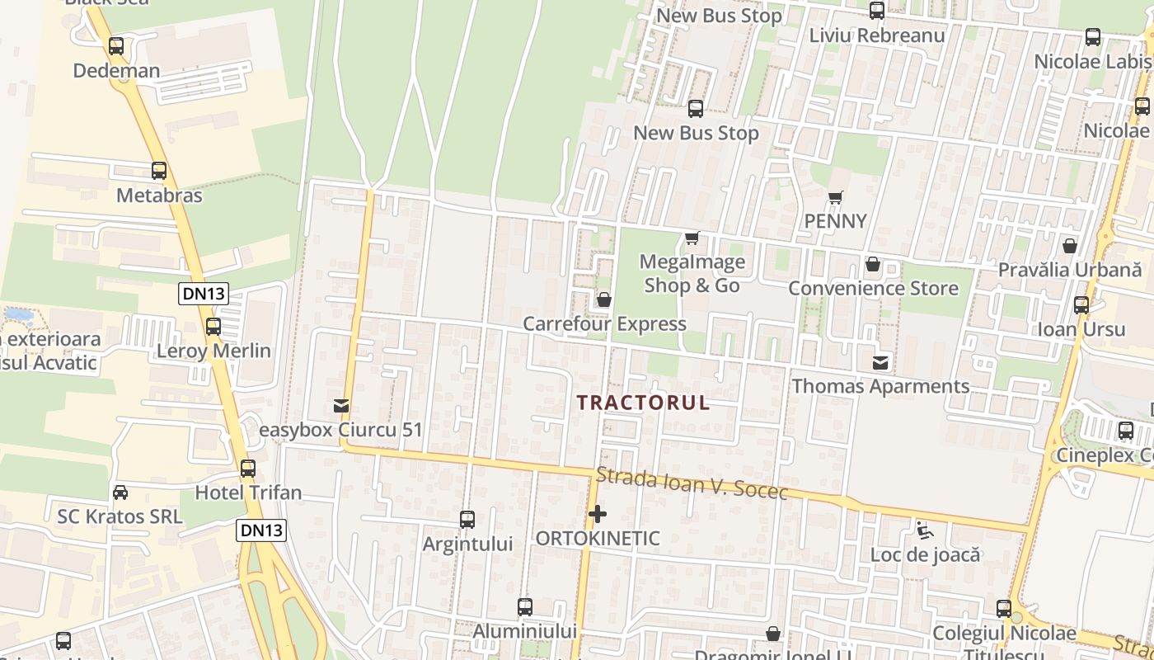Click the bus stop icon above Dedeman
click(116, 46)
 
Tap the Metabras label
click(159, 196)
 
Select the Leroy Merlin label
click(213, 351)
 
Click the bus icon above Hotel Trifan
click(248, 469)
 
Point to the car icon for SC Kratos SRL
click(120, 493)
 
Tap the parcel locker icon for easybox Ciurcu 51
click(340, 406)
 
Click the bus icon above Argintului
click(467, 520)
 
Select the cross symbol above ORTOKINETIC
click(598, 515)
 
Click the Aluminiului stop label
click(525, 631)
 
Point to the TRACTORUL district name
click(643, 403)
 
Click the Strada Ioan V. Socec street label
click(692, 484)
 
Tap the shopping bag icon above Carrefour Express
click(604, 299)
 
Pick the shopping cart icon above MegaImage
click(692, 238)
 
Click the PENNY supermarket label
click(836, 221)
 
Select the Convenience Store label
click(873, 289)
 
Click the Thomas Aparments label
click(880, 386)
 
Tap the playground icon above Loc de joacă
click(925, 530)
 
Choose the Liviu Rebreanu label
click(876, 35)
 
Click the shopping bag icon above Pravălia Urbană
click(1070, 246)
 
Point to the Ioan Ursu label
click(1081, 329)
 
